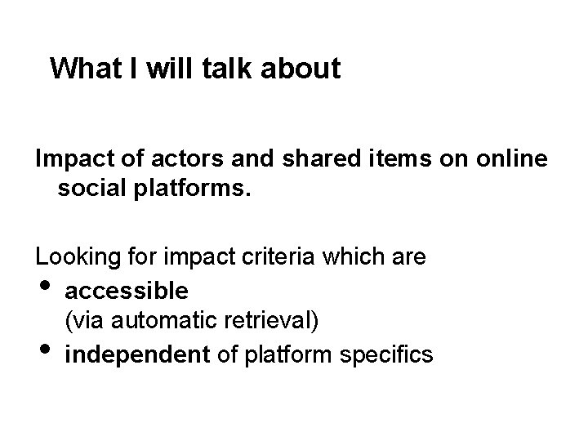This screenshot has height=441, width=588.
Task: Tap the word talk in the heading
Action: pyautogui.click(x=233, y=69)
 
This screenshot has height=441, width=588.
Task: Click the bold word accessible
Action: pyautogui.click(x=127, y=290)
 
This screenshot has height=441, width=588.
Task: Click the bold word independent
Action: pyautogui.click(x=137, y=354)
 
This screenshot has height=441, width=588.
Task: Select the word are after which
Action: pyautogui.click(x=409, y=258)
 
